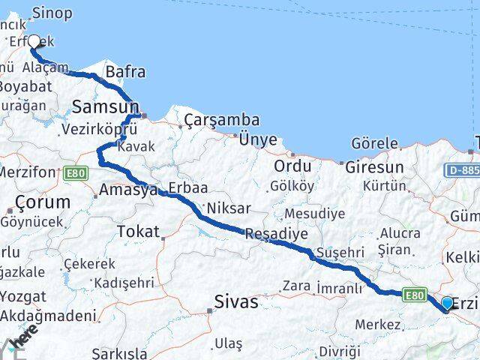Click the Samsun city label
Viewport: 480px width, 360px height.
(x=105, y=107)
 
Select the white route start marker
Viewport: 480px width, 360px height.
(x=34, y=41)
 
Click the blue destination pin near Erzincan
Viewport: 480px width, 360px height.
(x=448, y=303)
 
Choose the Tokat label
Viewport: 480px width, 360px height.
(x=139, y=232)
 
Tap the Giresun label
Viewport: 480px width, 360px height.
(x=374, y=167)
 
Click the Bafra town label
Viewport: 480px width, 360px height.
(x=125, y=73)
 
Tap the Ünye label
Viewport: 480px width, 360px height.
(x=258, y=139)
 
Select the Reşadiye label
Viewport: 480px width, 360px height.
(x=277, y=235)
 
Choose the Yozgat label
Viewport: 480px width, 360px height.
(x=22, y=297)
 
